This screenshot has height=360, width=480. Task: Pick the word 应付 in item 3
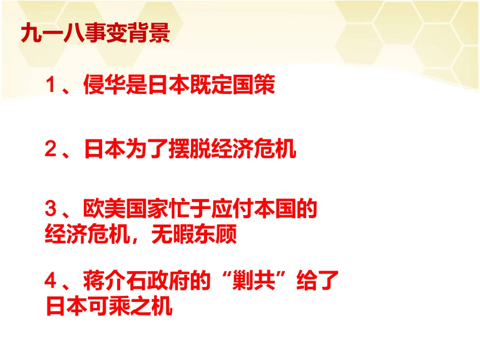232,208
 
